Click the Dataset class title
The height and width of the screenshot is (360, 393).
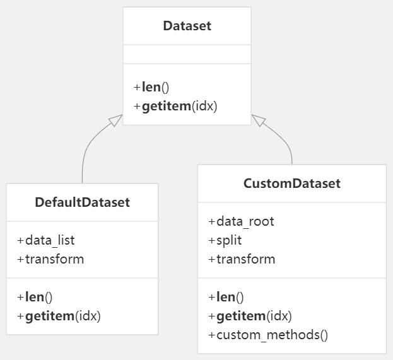pos(187,26)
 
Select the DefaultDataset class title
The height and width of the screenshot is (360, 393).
pos(82,202)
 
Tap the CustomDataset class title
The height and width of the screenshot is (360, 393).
pos(291,183)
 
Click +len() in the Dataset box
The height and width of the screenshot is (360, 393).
pos(151,88)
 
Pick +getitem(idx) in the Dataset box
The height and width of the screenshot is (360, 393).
pos(175,106)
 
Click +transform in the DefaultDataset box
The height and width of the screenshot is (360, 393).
pos(50,258)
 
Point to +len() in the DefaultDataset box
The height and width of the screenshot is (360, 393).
pos(35,297)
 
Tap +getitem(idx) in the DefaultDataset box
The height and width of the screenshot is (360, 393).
pos(59,315)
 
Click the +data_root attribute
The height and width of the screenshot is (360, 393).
pos(241,221)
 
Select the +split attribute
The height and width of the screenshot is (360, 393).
pos(225,240)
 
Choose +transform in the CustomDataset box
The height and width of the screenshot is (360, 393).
pos(242,258)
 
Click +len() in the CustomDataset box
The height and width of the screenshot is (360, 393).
pos(226,297)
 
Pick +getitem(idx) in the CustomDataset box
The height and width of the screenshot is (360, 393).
pos(250,315)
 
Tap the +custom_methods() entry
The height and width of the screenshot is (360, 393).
pos(268,334)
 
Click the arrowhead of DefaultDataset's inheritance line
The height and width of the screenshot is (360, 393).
pos(115,121)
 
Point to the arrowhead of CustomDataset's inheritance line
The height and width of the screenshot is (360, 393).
pos(258,120)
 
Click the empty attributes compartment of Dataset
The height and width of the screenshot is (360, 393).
pos(187,54)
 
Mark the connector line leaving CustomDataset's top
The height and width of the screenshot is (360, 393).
pos(290,151)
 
